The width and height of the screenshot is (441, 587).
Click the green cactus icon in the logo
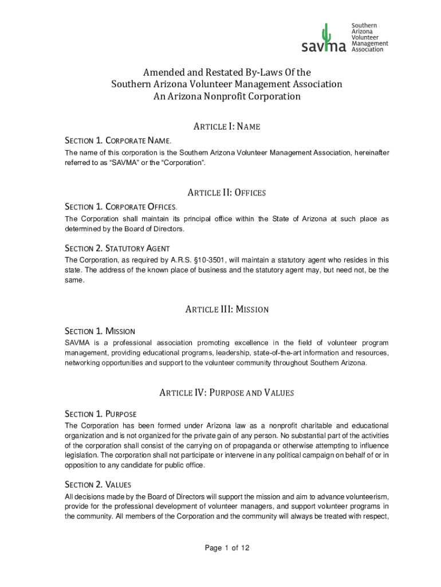point(327,34)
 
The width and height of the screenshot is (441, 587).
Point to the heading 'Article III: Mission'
point(227,310)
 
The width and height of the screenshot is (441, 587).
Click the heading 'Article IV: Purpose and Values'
point(227,393)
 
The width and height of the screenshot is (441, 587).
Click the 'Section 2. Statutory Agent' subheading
point(117,248)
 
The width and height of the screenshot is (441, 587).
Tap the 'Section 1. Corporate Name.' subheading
point(118,140)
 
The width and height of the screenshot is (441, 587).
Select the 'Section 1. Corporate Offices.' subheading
point(121,206)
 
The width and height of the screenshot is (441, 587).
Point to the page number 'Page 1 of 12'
point(227,549)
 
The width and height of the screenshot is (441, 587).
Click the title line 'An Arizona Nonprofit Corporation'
point(227,97)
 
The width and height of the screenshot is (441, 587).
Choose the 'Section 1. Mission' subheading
point(100,331)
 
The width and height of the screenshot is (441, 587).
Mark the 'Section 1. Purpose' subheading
point(100,414)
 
